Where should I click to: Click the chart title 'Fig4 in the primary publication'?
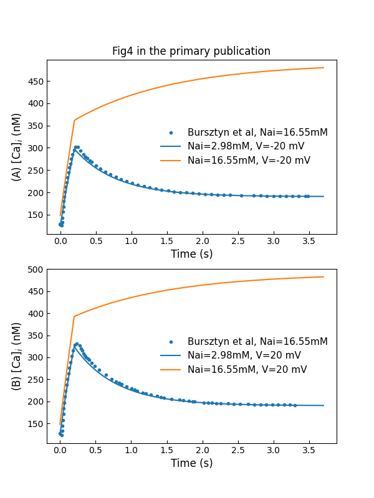click(x=191, y=51)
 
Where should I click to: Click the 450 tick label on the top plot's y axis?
click(x=34, y=82)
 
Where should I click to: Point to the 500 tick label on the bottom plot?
click(x=34, y=270)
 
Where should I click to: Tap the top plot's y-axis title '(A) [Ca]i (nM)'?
click(x=17, y=147)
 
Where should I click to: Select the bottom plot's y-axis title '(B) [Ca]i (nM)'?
click(x=17, y=356)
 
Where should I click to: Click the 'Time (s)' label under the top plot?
click(x=191, y=254)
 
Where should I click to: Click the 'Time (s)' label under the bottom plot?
click(x=191, y=463)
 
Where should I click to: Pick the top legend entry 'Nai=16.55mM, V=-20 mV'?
click(x=247, y=161)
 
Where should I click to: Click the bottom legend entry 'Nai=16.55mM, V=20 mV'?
click(x=246, y=370)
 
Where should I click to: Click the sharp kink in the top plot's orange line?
click(x=74, y=120)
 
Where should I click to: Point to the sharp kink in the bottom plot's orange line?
click(x=74, y=316)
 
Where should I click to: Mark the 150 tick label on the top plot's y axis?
click(x=34, y=215)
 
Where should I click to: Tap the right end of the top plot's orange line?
click(x=324, y=68)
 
